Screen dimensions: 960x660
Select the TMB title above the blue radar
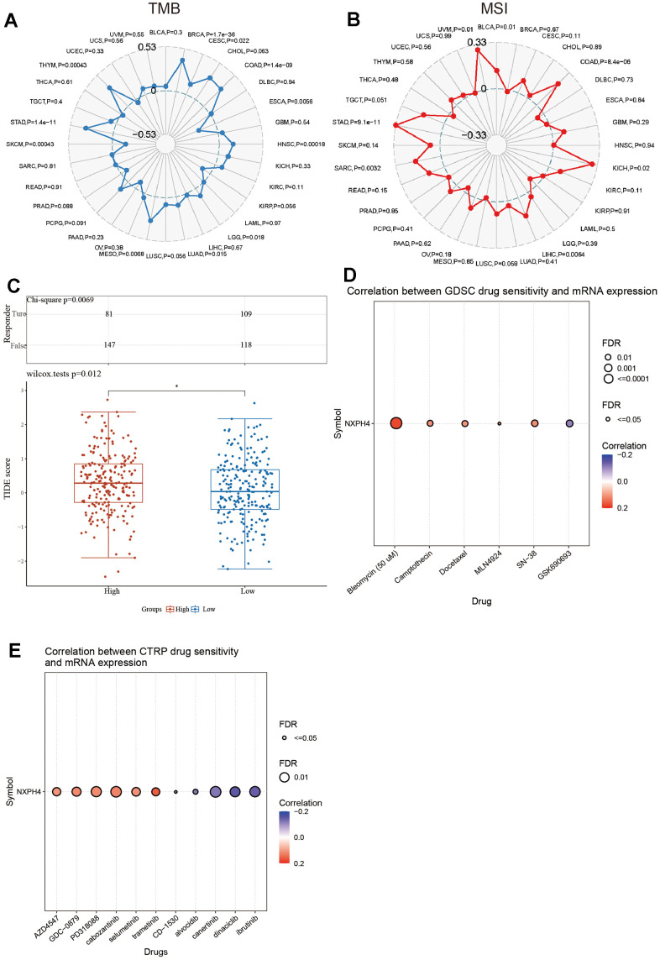click(x=166, y=11)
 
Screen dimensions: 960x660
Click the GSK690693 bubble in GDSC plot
click(x=569, y=423)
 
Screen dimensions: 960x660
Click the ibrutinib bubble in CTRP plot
click(x=255, y=791)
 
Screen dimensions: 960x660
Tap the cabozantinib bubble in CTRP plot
click(x=116, y=791)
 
